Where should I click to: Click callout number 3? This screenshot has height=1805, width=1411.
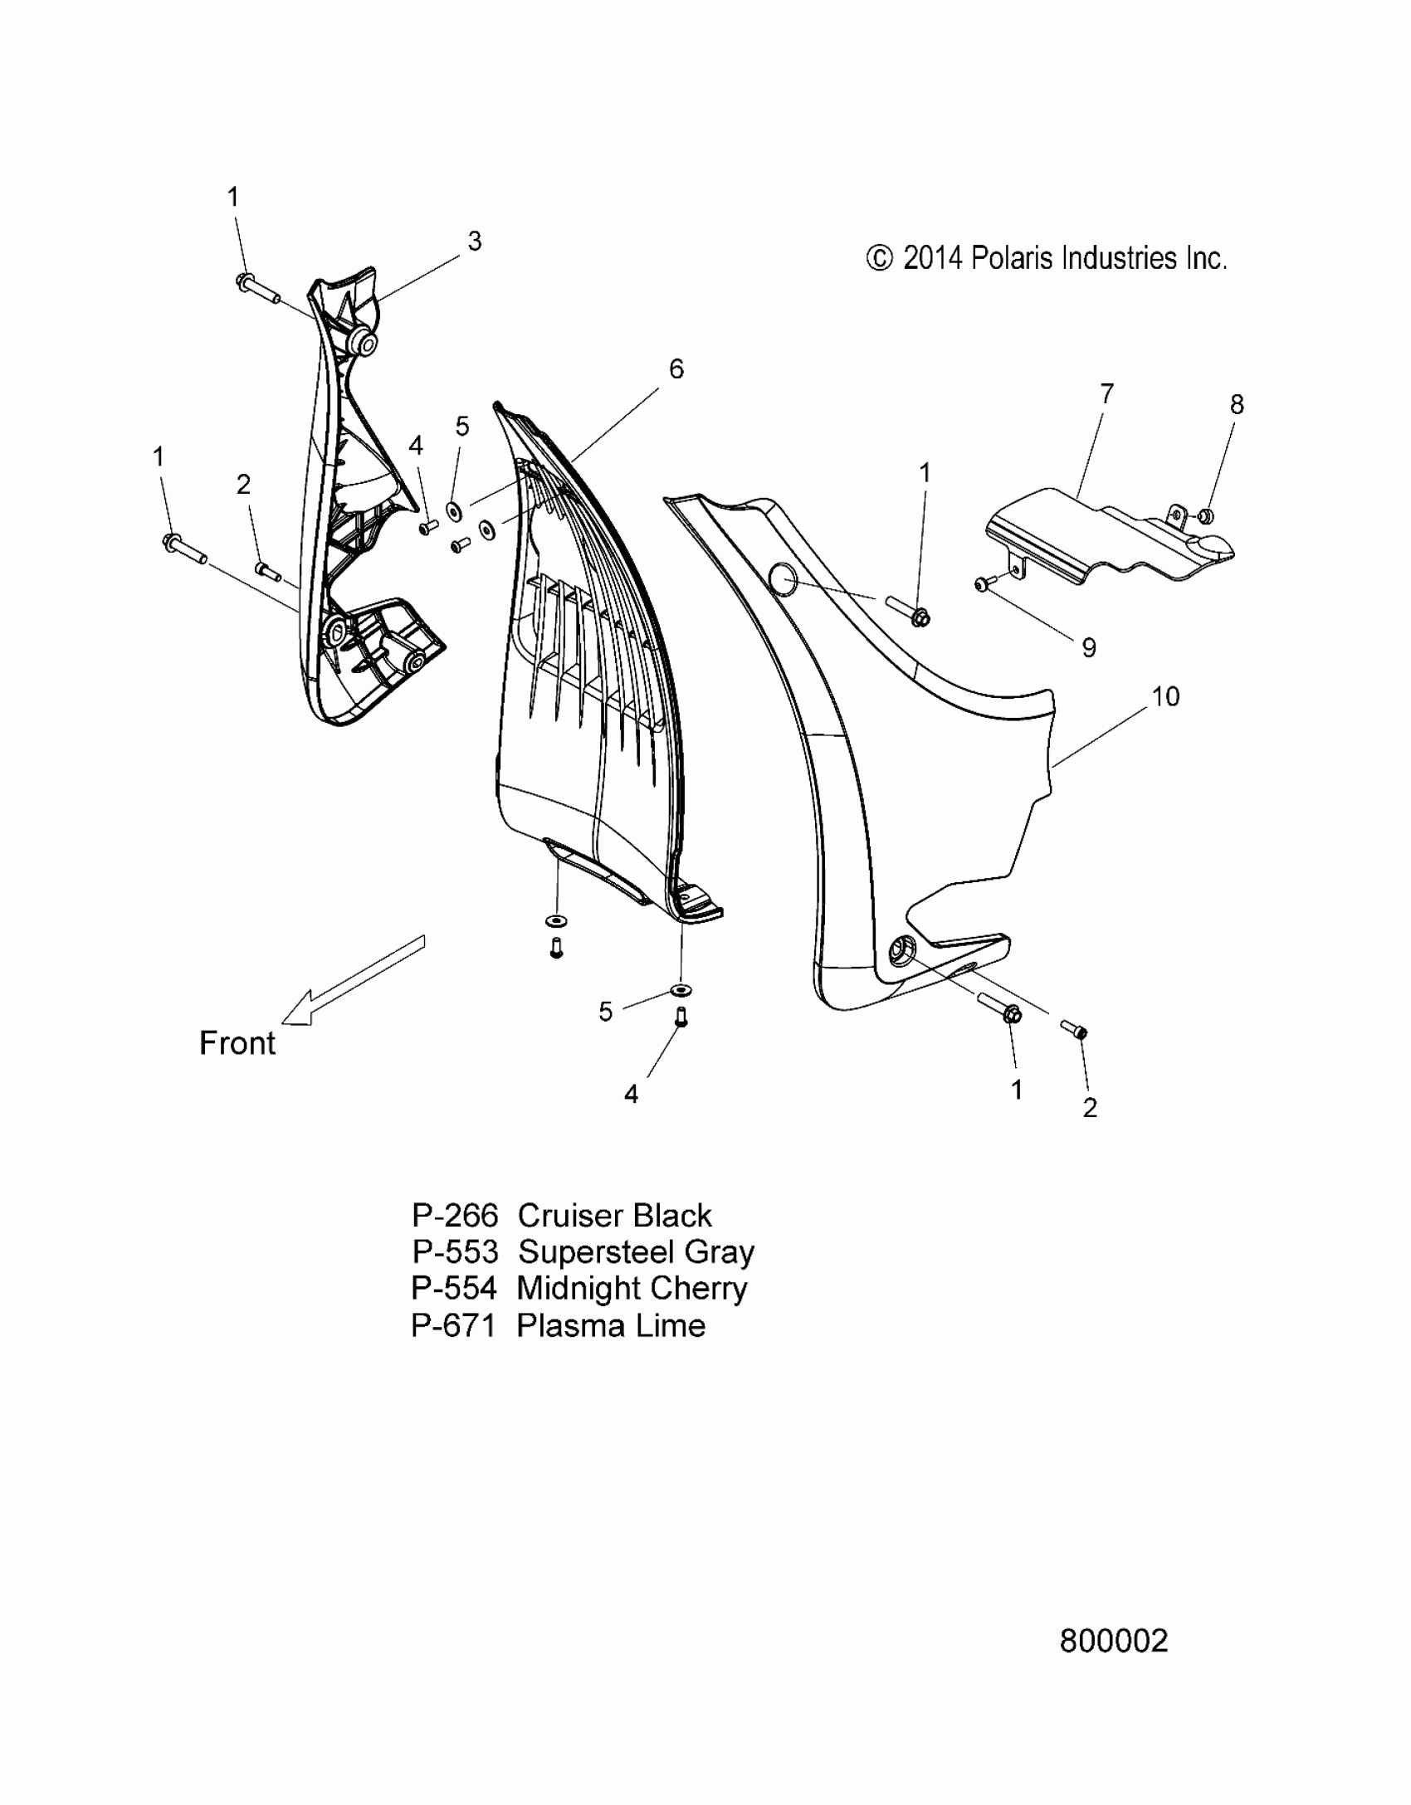(x=474, y=241)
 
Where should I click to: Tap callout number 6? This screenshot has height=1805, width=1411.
(x=676, y=369)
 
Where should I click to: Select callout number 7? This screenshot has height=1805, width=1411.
(x=1106, y=393)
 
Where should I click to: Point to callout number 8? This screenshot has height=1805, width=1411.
(x=1237, y=405)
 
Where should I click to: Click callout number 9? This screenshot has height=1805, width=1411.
(x=1089, y=647)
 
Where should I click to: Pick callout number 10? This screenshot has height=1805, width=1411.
(x=1165, y=697)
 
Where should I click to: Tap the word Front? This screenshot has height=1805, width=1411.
(x=237, y=1043)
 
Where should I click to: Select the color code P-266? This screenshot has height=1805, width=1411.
(x=455, y=1216)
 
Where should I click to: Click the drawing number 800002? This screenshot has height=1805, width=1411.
(x=1114, y=1641)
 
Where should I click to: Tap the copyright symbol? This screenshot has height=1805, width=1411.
(x=879, y=259)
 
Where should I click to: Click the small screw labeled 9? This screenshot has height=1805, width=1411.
(x=981, y=586)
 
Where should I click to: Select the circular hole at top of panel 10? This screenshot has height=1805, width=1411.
(x=783, y=578)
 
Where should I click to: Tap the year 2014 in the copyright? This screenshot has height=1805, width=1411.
(x=933, y=259)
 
